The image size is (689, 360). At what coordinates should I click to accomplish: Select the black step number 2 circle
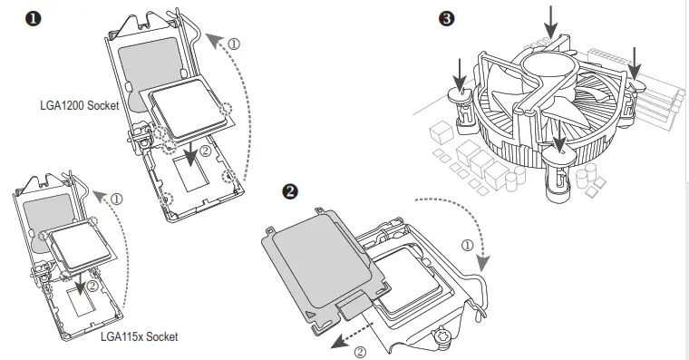(x=290, y=191)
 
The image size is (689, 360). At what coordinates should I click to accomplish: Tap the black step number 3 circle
(x=445, y=18)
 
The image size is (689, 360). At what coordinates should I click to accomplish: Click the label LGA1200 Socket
(x=80, y=106)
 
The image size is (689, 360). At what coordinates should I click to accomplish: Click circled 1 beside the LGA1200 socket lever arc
(x=234, y=43)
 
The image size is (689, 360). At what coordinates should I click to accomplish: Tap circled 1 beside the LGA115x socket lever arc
(x=116, y=198)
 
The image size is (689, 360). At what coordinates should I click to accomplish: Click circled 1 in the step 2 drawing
(x=467, y=245)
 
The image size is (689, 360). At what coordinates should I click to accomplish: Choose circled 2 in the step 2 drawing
(x=360, y=352)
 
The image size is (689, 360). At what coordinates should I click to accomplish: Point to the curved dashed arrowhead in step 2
(x=484, y=262)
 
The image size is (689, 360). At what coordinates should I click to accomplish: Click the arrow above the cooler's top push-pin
(x=551, y=22)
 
